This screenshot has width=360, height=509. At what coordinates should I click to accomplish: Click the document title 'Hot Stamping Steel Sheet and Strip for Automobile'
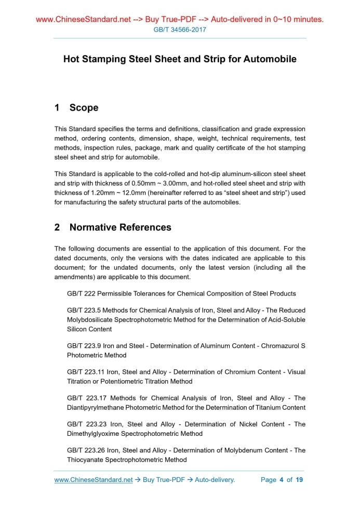click(180, 59)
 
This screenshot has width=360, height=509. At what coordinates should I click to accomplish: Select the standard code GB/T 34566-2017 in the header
click(180, 30)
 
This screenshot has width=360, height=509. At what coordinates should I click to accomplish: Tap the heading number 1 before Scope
click(57, 108)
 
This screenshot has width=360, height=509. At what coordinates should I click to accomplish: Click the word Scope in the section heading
click(84, 108)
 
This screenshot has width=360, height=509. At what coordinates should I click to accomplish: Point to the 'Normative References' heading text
click(120, 227)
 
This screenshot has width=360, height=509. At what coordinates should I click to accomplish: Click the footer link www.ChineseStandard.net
click(94, 479)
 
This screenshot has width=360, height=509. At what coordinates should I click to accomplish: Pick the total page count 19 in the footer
click(299, 479)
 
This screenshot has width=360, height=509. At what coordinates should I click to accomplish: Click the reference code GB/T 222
click(81, 293)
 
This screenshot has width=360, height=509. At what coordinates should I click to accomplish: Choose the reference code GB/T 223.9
click(83, 346)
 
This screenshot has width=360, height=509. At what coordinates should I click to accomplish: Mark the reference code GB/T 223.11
click(85, 372)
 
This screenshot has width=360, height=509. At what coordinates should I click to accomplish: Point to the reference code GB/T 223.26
click(85, 450)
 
